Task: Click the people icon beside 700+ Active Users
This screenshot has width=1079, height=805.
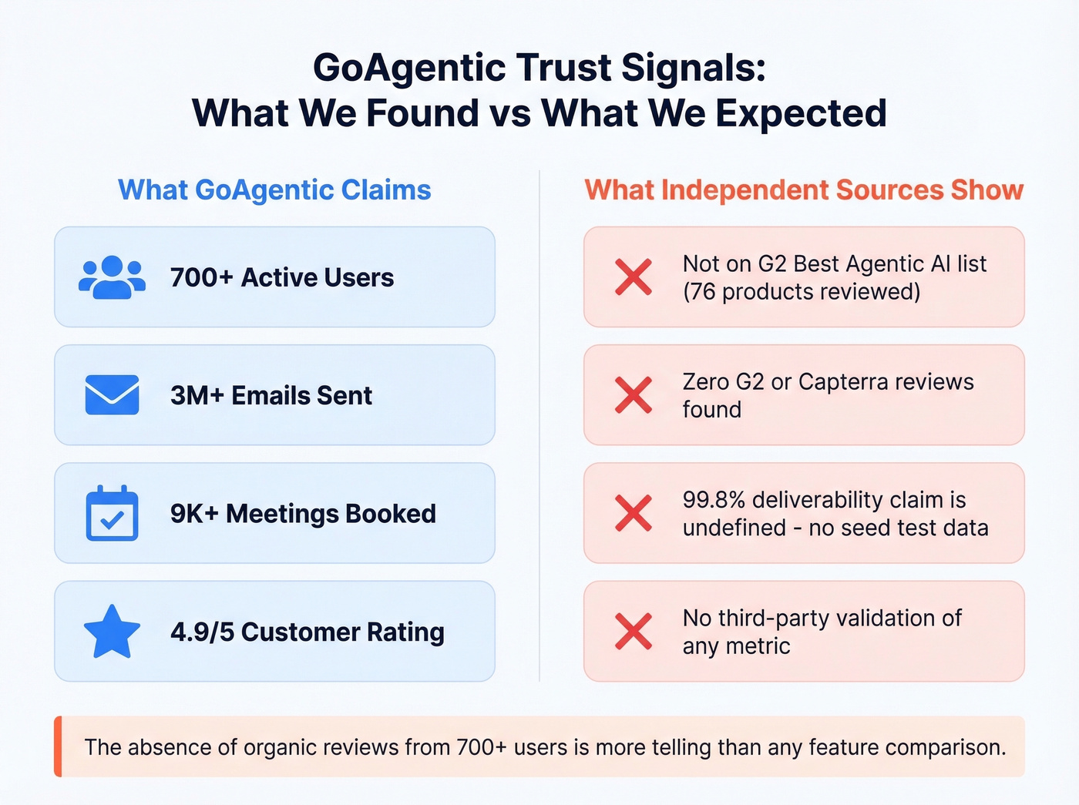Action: (112, 277)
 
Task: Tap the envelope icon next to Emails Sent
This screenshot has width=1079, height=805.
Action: (112, 395)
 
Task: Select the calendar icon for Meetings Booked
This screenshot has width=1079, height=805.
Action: (112, 513)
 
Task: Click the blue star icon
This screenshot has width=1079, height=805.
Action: (112, 632)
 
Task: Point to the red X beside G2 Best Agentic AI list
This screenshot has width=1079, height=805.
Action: (634, 277)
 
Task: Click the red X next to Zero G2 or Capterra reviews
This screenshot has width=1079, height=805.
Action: (634, 395)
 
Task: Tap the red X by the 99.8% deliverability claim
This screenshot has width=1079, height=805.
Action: (634, 513)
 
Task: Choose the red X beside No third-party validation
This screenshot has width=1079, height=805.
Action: (634, 632)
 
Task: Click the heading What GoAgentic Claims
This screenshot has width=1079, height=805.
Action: (274, 190)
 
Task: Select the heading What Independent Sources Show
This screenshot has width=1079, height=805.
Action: (804, 190)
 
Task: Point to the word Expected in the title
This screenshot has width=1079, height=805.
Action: (801, 114)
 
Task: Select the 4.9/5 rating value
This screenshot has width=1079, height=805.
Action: (202, 632)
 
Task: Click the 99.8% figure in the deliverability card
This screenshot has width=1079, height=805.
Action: (714, 500)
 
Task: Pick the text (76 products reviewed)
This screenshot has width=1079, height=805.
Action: (802, 292)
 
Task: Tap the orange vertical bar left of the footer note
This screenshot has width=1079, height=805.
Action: (58, 746)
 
